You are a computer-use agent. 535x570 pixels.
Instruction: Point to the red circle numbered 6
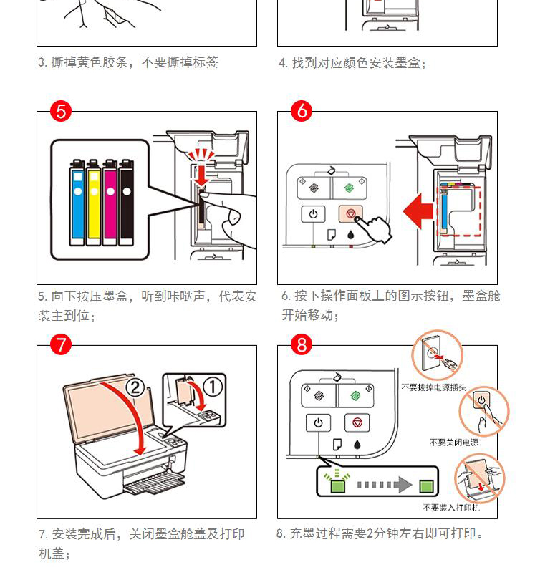coord(302,112)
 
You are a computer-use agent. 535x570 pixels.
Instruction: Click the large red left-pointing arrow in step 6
coord(418,211)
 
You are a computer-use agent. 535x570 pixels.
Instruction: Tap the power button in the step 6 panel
coord(314,213)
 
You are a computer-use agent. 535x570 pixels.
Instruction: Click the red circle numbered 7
coord(61,345)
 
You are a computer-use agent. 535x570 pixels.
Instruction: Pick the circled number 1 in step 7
coord(213,387)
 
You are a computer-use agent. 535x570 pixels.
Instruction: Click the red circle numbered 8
coord(302,345)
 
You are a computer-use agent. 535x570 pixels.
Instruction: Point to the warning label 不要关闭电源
coord(454,443)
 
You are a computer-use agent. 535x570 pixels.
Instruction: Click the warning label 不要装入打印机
coord(451,508)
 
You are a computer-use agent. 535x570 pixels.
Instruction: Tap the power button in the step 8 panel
coord(318,422)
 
